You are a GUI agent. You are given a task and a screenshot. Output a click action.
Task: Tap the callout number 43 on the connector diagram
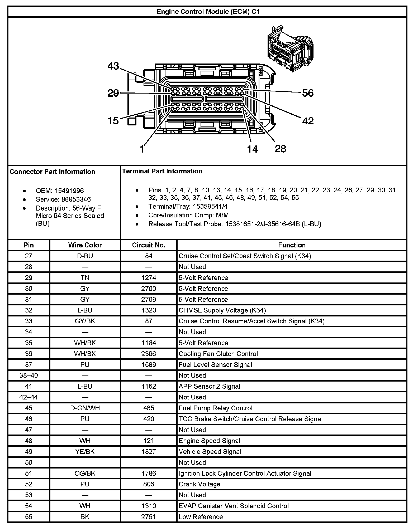click(113, 66)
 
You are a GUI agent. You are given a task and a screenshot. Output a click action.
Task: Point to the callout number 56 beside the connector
click(307, 93)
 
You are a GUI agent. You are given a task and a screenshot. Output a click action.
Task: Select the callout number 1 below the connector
click(142, 149)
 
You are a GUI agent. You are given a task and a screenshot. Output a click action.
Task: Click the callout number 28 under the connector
click(280, 149)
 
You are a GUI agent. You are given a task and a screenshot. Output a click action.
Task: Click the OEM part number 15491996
click(69, 191)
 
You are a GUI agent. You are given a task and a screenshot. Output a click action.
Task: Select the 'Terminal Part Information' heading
click(162, 171)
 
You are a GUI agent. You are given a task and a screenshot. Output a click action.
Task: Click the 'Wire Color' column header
click(85, 245)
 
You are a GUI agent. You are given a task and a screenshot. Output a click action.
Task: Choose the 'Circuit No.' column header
click(149, 245)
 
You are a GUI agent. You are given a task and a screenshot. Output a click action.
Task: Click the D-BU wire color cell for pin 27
click(85, 256)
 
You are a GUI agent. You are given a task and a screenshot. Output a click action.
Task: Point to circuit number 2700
click(149, 289)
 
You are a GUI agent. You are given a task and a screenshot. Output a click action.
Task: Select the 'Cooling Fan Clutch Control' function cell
click(218, 354)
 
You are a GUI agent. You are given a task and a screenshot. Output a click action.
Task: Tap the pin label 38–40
click(28, 375)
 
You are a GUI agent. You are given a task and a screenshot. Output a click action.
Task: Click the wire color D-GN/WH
click(85, 408)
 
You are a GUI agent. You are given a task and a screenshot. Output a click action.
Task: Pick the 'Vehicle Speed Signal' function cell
click(210, 452)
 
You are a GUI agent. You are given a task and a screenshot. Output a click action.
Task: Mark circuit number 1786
click(149, 473)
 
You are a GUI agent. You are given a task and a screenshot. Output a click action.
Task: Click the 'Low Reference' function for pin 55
click(201, 517)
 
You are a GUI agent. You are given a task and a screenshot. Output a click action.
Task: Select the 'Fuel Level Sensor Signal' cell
click(215, 365)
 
